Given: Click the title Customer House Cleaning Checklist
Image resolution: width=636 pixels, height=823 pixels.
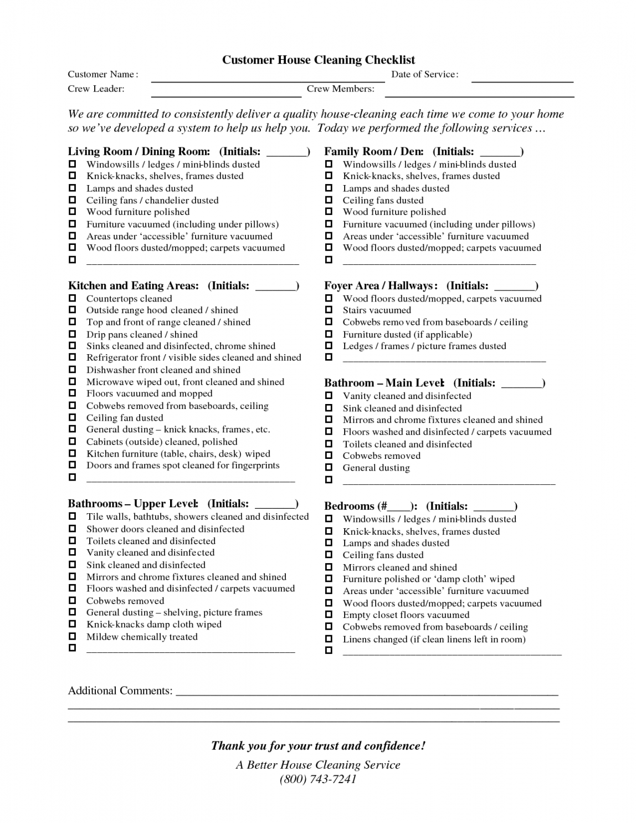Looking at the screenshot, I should (319, 60).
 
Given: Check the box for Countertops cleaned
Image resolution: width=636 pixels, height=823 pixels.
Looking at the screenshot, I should (72, 298).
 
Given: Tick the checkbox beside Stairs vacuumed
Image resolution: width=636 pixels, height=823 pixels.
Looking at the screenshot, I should (329, 310).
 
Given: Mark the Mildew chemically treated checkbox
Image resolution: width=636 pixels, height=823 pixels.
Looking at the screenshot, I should (72, 636).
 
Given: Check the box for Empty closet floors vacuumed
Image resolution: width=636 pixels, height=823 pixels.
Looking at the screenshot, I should (329, 615).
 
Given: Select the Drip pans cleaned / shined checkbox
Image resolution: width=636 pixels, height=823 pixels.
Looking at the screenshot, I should (72, 334).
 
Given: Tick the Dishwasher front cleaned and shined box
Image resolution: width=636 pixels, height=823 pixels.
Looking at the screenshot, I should (72, 370).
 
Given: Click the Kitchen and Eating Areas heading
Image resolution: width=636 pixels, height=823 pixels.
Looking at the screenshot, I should (134, 286).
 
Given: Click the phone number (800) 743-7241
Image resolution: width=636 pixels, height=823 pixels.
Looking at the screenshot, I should (318, 779).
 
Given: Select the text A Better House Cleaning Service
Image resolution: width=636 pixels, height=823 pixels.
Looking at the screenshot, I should (318, 765).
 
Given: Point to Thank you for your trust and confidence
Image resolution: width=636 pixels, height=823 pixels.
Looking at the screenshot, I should (318, 746).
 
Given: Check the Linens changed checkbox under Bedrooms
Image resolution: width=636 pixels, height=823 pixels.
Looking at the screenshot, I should (329, 639).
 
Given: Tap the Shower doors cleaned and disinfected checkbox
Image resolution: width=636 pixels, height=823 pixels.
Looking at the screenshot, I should (72, 529).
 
